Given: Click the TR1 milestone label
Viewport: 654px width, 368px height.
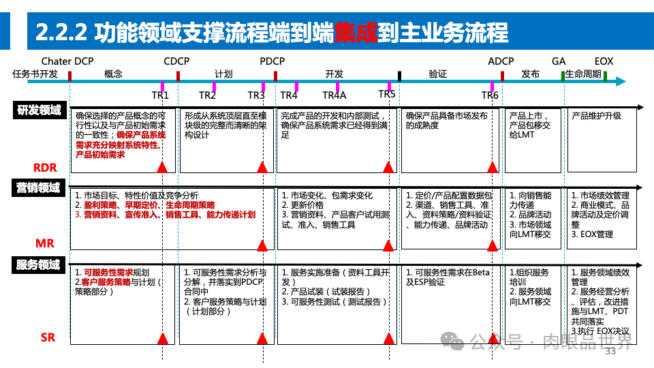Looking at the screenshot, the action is pyautogui.click(x=160, y=95).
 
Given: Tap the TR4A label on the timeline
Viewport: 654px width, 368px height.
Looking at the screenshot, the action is pyautogui.click(x=334, y=95).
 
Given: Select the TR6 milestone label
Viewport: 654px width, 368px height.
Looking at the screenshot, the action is pyautogui.click(x=490, y=95).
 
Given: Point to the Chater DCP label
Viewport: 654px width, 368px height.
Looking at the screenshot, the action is pyautogui.click(x=67, y=61).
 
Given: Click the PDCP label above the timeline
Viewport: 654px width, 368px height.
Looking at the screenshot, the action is pyautogui.click(x=272, y=61).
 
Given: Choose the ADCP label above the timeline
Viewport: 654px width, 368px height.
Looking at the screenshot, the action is pyautogui.click(x=501, y=61).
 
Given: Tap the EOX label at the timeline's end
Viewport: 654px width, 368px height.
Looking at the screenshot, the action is pyautogui.click(x=604, y=61).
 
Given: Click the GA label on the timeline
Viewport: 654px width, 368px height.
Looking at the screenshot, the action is pyautogui.click(x=559, y=61).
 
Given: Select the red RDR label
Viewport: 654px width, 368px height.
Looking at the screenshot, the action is pyautogui.click(x=45, y=168).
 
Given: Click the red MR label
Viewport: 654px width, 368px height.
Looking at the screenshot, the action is pyautogui.click(x=45, y=243).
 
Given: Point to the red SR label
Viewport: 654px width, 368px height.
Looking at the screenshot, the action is pyautogui.click(x=48, y=337).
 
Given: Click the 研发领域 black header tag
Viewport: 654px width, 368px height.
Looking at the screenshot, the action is pyautogui.click(x=38, y=110).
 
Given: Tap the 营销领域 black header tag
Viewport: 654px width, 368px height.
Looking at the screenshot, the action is pyautogui.click(x=38, y=188).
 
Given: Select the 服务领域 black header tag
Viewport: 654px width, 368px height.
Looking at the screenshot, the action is pyautogui.click(x=38, y=265).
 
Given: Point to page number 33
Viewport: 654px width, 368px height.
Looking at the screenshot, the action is pyautogui.click(x=610, y=352).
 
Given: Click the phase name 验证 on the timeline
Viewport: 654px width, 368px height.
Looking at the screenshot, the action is pyautogui.click(x=437, y=74).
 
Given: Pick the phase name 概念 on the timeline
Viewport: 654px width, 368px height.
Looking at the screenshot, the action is pyautogui.click(x=114, y=74).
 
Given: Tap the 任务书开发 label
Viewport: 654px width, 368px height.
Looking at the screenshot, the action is pyautogui.click(x=35, y=74).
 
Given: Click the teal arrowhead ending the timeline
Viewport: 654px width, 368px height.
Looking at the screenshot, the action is pyautogui.click(x=620, y=82).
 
